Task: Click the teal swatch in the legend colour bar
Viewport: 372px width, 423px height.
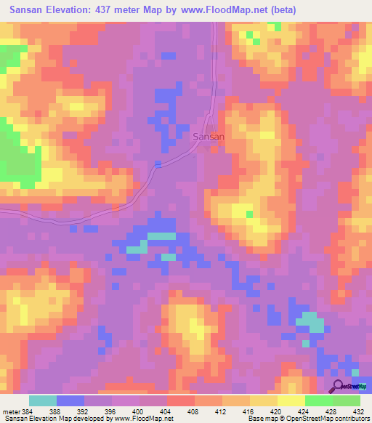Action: click(43, 400)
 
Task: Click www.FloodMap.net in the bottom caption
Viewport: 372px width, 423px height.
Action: click(143, 419)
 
